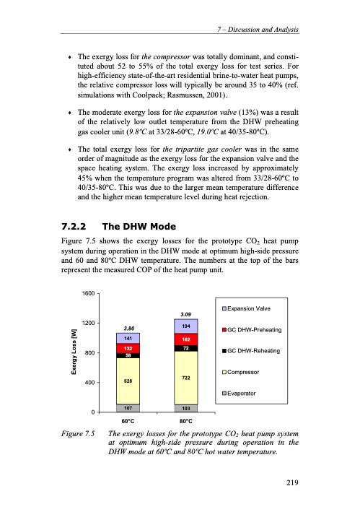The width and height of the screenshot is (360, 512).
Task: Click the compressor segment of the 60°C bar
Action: coord(128,381)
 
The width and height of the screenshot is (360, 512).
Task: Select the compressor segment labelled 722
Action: coord(186,378)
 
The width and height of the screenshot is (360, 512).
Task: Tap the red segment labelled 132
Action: coord(128,348)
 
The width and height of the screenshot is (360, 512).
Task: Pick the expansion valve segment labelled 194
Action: coord(186,326)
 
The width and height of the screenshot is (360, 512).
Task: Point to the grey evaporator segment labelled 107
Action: coord(128,408)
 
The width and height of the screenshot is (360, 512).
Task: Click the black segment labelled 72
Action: coord(186,348)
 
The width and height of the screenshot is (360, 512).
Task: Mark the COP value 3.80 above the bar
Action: coord(129,328)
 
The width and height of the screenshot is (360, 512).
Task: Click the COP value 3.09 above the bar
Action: coord(186,314)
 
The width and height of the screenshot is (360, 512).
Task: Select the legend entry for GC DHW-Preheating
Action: coord(252,330)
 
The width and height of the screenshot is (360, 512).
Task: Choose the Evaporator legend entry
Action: coord(239,394)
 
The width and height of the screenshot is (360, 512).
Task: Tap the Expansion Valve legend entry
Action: coord(246,308)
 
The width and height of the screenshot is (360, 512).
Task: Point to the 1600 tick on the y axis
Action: coord(89,293)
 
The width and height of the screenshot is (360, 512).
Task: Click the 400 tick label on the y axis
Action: coord(90,382)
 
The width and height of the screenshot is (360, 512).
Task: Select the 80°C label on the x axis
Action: coord(186,421)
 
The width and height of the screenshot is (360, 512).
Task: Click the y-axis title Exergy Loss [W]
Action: coord(74,352)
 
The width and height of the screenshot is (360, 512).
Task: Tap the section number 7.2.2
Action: coord(74,226)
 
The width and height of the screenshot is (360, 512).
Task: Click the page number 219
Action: coord(292,482)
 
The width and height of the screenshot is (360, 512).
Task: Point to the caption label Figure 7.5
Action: coord(78,433)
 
